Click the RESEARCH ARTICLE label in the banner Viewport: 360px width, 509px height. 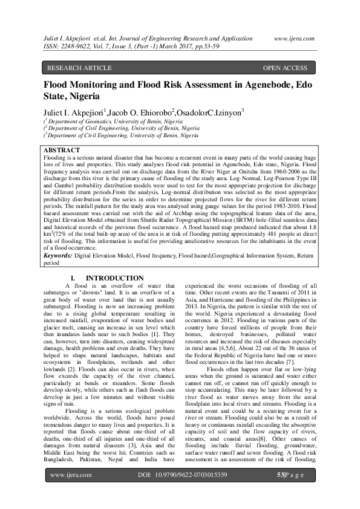tap(79, 68)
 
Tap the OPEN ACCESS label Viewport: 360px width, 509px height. tap(285, 68)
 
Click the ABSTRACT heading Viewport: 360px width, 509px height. tap(62, 149)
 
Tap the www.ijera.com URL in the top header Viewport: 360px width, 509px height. tap(294, 37)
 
